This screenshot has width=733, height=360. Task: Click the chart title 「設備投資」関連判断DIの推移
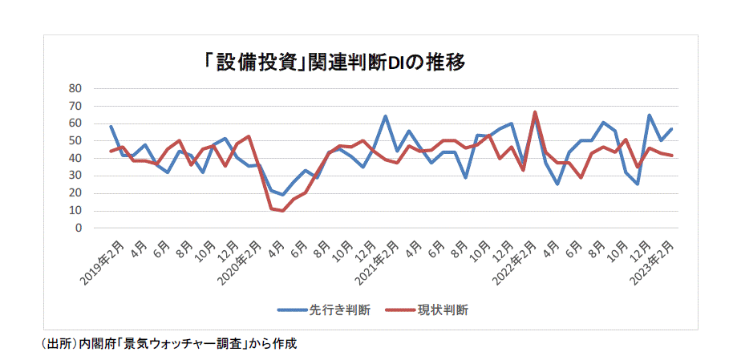point(334,63)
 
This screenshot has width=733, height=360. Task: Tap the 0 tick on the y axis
point(78,228)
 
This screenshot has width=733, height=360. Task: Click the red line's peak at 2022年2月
point(535,112)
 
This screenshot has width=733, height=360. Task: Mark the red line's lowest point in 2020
point(283,211)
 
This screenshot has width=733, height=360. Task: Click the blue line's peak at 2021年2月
point(386,116)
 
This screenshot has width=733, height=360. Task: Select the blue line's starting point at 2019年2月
point(111,126)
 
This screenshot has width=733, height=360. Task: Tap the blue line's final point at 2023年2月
point(672,129)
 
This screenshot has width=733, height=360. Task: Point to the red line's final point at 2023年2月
point(672,156)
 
